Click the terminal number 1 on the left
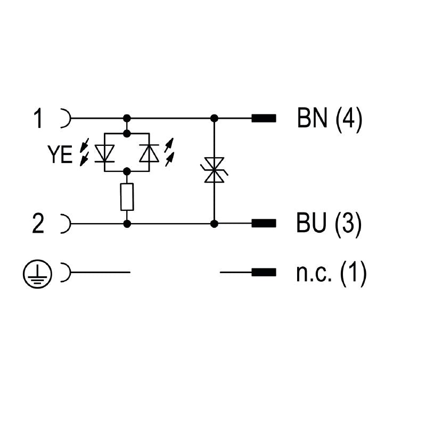[38, 118]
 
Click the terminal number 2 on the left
[38, 224]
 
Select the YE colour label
[60, 155]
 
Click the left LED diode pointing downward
[104, 153]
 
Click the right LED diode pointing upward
[149, 153]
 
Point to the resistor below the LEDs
[127, 197]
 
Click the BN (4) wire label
[330, 118]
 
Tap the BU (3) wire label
[330, 224]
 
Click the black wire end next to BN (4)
[264, 118]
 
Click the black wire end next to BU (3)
[264, 224]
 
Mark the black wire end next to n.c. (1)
[264, 273]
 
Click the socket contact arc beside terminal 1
[66, 118]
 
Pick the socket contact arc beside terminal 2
[66, 224]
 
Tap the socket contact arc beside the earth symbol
[66, 273]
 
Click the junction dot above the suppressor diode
[214, 118]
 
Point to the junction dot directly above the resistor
[127, 171]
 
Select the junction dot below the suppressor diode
[214, 224]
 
